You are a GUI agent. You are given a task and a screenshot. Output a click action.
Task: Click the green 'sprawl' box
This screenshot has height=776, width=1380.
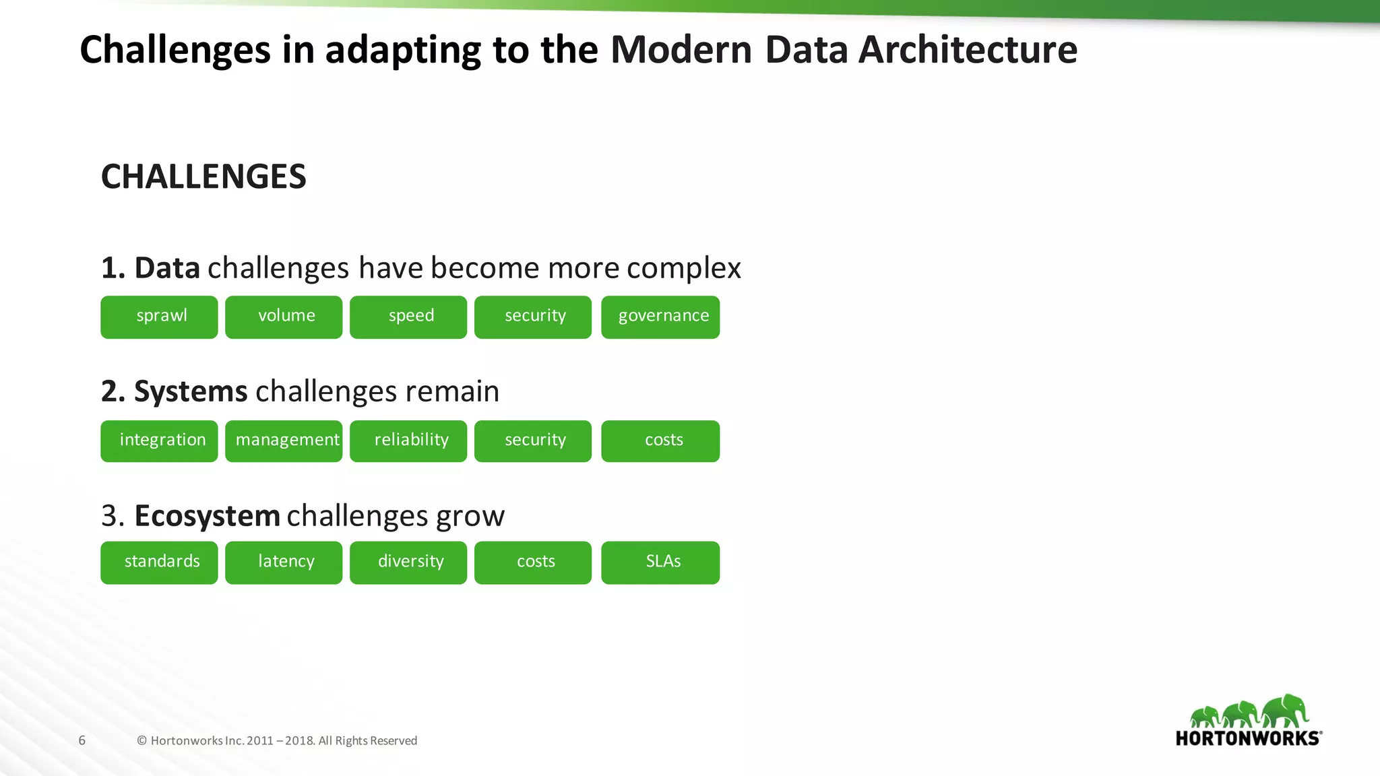(159, 317)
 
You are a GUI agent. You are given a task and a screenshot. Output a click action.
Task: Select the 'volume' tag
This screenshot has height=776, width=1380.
(284, 317)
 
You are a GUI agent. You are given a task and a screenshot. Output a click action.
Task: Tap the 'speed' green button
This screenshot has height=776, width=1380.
(408, 317)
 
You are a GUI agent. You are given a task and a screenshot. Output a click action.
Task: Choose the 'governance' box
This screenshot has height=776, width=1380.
(660, 317)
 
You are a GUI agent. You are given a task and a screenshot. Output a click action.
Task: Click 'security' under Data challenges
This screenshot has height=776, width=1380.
(533, 317)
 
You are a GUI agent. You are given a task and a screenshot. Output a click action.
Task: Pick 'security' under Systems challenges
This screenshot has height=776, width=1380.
(533, 441)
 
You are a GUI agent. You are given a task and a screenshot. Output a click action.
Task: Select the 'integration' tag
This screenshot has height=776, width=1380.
(159, 441)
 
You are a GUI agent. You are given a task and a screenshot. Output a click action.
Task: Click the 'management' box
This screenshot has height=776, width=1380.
(284, 441)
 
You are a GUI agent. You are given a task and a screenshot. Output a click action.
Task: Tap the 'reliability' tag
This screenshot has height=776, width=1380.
(408, 441)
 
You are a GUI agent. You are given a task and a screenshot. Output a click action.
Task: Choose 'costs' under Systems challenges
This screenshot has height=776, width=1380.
(660, 441)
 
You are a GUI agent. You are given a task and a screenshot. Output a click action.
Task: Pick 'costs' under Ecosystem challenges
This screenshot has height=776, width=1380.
(533, 562)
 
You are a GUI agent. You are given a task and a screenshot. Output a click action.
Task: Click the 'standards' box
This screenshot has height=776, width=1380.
(159, 562)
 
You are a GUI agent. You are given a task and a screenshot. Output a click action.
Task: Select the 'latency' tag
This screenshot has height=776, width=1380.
(284, 562)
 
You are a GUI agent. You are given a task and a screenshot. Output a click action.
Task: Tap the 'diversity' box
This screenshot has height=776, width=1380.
(408, 562)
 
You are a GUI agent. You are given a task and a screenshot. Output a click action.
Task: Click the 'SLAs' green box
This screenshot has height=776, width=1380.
(660, 562)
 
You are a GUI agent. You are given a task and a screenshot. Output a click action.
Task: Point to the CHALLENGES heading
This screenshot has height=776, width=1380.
(203, 176)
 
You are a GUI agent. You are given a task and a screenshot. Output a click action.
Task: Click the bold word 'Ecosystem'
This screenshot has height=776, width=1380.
(207, 516)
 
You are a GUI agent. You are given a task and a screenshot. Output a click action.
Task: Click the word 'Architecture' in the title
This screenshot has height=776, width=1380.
(968, 50)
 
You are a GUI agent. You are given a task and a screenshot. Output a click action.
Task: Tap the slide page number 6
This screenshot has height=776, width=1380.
(82, 740)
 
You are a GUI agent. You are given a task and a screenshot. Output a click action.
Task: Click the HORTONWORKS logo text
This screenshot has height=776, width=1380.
(1248, 738)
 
